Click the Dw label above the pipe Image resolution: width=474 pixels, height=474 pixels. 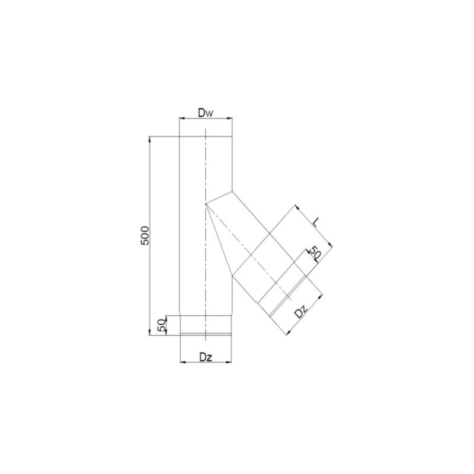[x=206, y=113]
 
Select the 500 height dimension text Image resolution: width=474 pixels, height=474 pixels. [x=145, y=235]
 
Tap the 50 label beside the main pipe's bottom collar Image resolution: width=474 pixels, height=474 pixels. [x=162, y=325]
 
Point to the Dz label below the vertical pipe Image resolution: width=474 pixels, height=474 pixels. [x=206, y=357]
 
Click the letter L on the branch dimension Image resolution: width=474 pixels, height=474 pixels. [x=315, y=223]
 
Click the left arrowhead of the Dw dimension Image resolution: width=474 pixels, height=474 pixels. [x=182, y=118]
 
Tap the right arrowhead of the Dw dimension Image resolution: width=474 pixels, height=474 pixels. [x=230, y=118]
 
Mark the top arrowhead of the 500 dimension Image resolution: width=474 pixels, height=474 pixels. [x=150, y=139]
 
